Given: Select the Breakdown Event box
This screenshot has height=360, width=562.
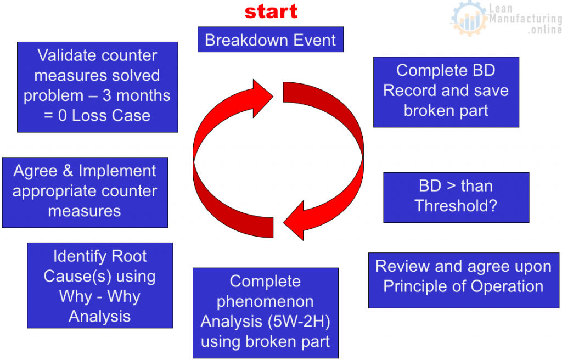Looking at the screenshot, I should (x=271, y=40).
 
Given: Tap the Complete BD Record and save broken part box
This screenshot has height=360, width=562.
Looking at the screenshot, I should (x=446, y=92).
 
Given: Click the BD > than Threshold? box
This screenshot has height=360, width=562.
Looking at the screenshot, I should (x=456, y=197).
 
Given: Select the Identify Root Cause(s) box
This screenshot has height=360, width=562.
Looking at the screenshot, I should (x=100, y=285).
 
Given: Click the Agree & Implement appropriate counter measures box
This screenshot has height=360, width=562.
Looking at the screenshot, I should (x=85, y=192).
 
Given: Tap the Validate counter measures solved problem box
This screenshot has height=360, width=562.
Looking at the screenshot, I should (x=97, y=87).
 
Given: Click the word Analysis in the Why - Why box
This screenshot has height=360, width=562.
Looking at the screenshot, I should (x=100, y=316).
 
